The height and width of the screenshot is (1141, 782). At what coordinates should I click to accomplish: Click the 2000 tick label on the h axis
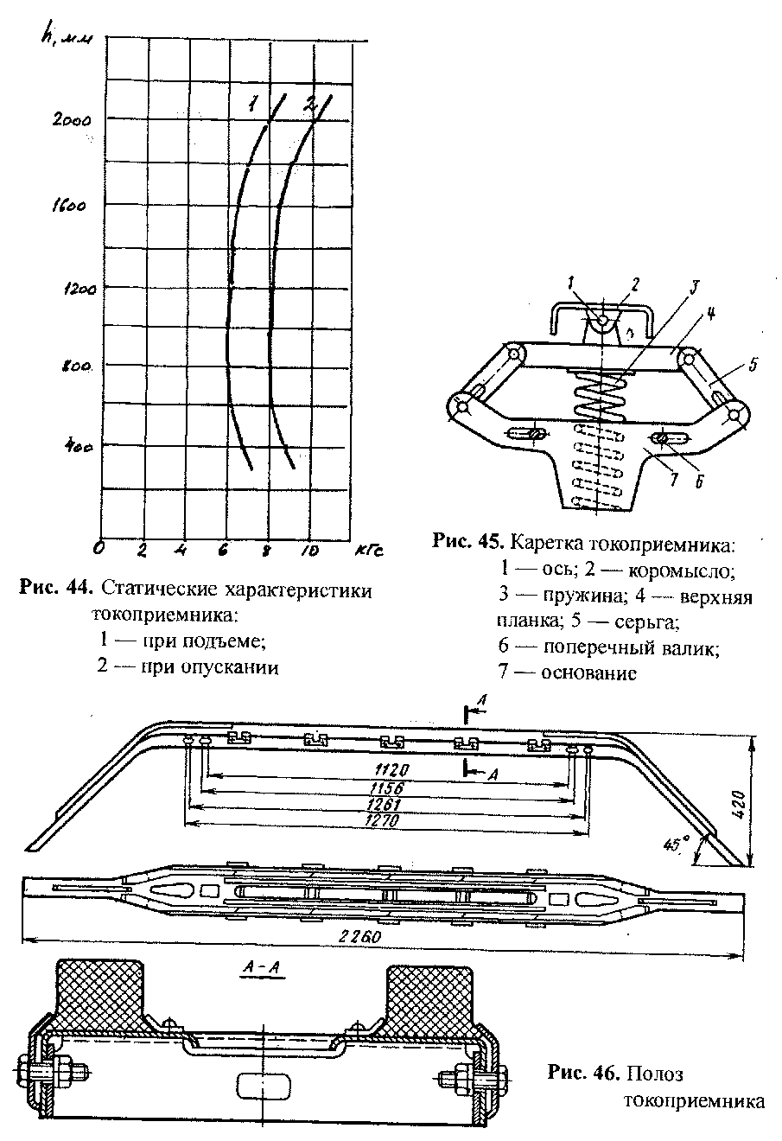[x=72, y=121]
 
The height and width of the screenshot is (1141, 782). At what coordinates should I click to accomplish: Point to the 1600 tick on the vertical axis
[x=69, y=207]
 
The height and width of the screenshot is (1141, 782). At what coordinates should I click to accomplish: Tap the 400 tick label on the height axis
[x=79, y=447]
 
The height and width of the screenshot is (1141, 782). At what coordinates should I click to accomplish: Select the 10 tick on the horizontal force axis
[x=308, y=551]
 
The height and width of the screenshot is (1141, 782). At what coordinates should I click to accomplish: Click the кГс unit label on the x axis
[x=369, y=551]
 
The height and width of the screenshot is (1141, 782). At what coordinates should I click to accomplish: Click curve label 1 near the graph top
[x=252, y=105]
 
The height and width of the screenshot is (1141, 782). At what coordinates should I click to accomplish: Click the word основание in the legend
[x=589, y=673]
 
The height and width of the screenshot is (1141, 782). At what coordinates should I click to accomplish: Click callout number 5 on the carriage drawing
[x=753, y=364]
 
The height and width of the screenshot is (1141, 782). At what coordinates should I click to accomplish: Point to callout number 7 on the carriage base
[x=675, y=479]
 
